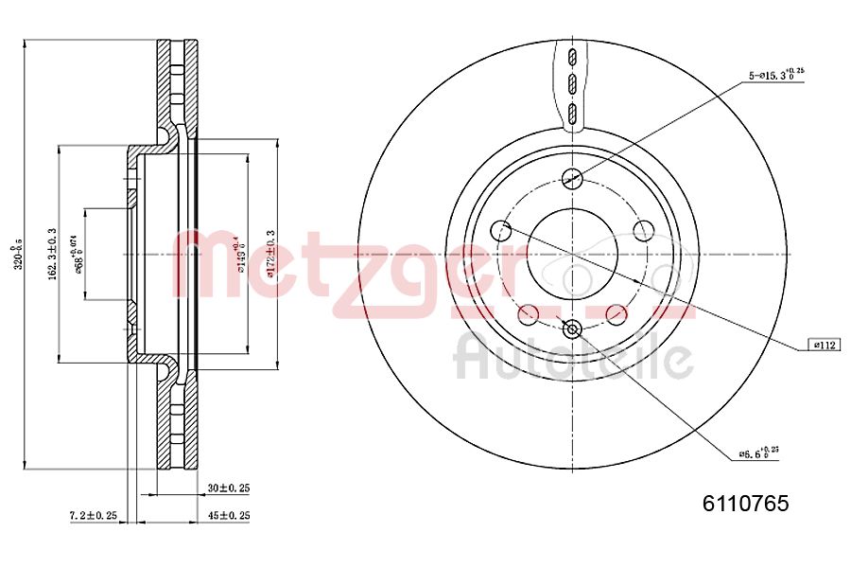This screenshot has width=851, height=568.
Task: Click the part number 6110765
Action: (744, 505)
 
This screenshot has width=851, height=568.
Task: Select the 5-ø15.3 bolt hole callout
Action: (776, 76)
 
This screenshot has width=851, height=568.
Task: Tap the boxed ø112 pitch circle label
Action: (825, 346)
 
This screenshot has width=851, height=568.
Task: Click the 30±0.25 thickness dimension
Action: (230, 488)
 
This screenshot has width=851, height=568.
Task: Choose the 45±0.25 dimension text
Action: (230, 515)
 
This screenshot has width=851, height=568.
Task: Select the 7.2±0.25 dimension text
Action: (94, 515)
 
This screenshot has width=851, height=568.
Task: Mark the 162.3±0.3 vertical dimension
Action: (51, 255)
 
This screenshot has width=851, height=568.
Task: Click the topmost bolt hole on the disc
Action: (571, 177)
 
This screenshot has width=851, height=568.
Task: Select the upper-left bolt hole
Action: (501, 229)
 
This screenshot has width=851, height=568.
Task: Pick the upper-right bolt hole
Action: (643, 229)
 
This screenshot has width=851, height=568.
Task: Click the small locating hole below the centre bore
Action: (571, 329)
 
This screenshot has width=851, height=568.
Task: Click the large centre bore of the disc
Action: (571, 254)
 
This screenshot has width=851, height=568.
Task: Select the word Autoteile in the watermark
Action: (573, 359)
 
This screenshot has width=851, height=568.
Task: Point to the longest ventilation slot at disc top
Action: (571, 115)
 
